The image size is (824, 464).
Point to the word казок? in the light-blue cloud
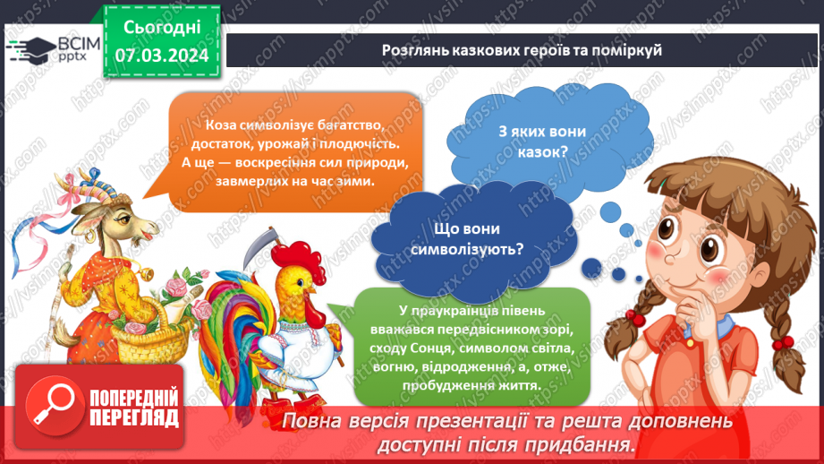[535, 151]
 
